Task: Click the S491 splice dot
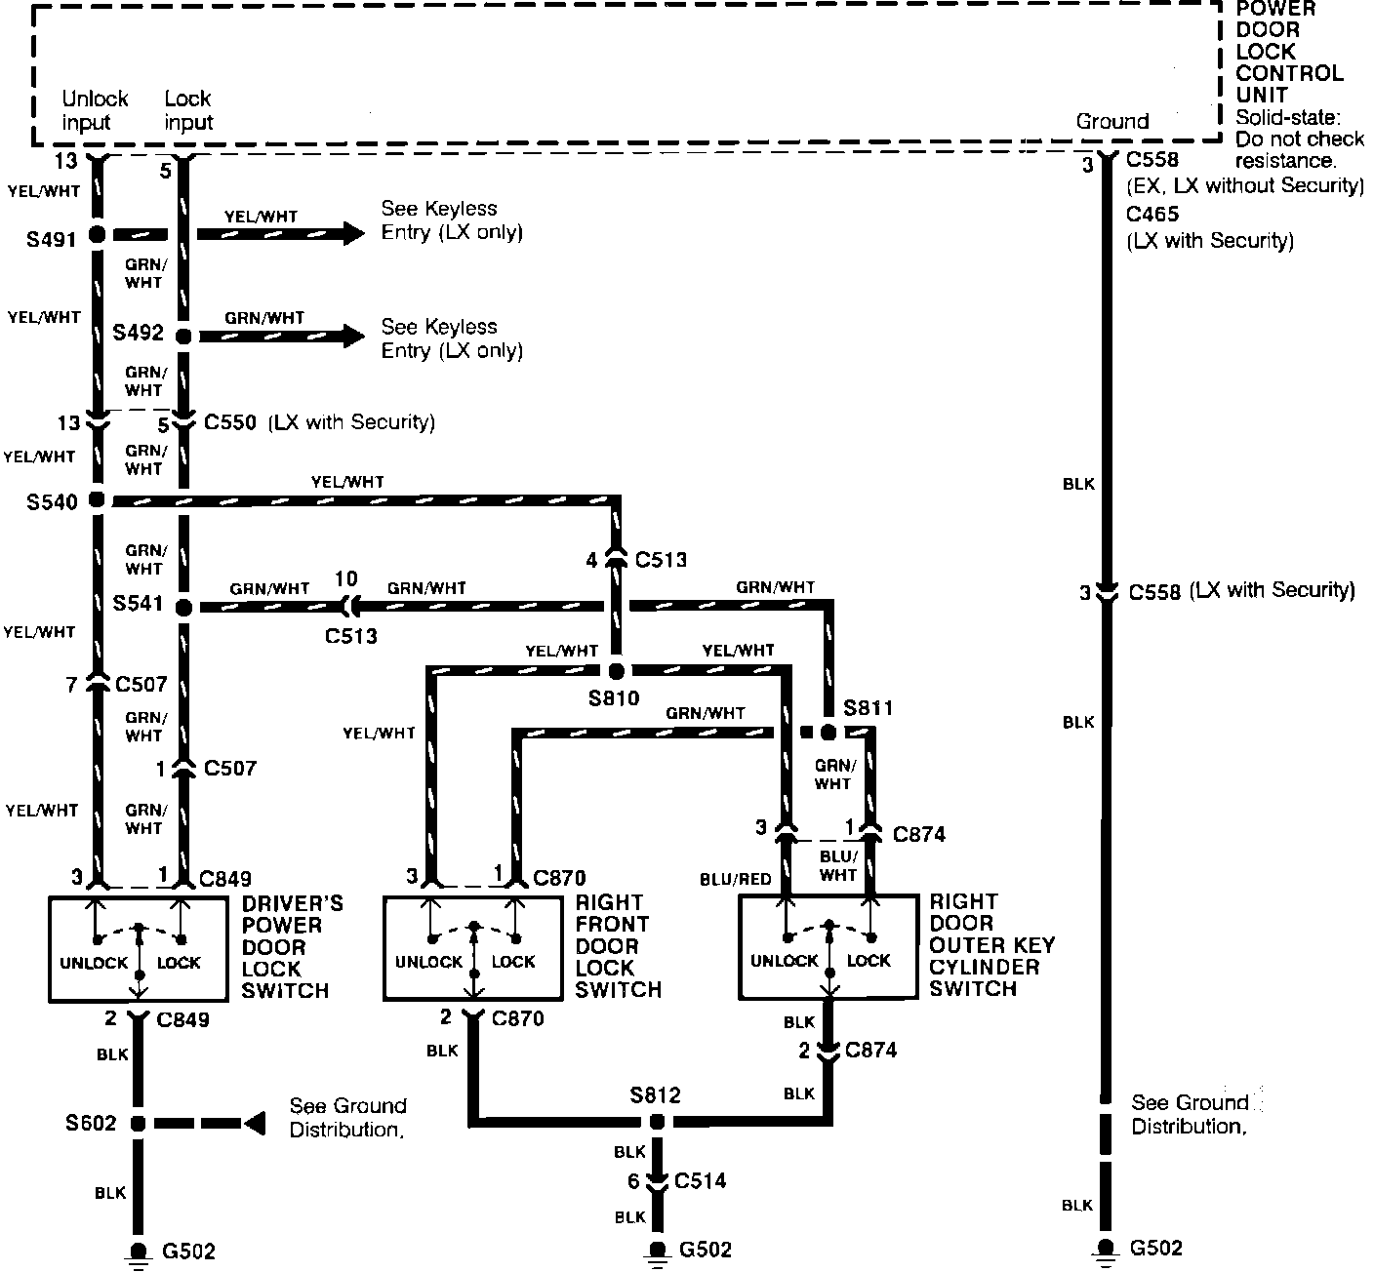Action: point(97,235)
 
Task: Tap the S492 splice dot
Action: point(183,337)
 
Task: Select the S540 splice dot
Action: point(97,500)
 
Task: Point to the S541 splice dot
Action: point(183,607)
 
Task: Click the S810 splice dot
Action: point(616,671)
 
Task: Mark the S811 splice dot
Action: point(828,732)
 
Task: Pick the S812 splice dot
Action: point(657,1122)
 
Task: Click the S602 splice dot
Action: point(138,1124)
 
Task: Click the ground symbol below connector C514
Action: point(657,1252)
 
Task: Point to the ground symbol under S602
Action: point(138,1253)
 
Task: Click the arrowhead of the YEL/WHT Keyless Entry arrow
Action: point(353,233)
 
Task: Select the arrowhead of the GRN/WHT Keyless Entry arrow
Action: point(353,337)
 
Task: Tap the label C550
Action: point(230,422)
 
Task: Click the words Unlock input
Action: point(95,110)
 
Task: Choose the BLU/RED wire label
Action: point(736,879)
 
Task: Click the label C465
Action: point(1152,215)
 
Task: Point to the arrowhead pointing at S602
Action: point(254,1124)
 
